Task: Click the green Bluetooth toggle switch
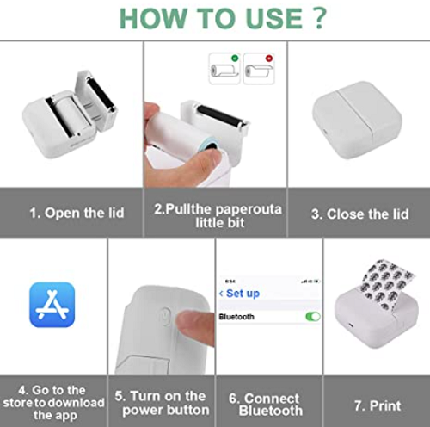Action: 312,317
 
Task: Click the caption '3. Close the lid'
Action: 358,213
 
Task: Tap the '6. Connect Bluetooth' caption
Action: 268,404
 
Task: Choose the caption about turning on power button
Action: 161,403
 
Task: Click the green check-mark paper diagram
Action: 224,68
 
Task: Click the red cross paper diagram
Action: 259,68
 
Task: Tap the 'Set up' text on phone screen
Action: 243,294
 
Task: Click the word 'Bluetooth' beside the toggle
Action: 238,317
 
